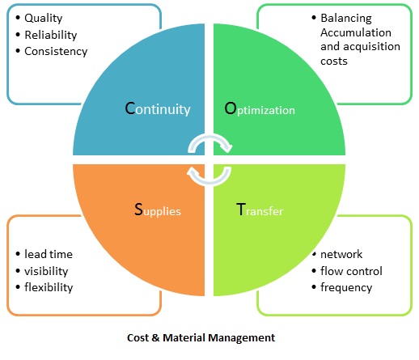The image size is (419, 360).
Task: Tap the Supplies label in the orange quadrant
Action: pos(157,210)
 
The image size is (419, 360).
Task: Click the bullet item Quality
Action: pos(44,18)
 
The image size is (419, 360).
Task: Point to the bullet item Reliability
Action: pos(51,35)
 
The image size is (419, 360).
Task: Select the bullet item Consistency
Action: pos(55,51)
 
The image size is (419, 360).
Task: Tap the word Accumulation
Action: pos(355,32)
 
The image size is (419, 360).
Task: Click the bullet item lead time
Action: pos(49,254)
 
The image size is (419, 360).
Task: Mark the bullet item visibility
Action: pos(46,271)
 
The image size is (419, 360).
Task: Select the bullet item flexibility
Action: pos(49,287)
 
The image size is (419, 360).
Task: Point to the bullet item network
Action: pos(341,254)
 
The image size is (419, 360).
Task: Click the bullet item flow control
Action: pos(351,271)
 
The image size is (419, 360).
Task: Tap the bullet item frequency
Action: pos(346,287)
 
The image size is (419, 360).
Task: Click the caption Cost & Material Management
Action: pos(201,337)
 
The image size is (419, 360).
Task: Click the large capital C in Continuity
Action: pos(130,108)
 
